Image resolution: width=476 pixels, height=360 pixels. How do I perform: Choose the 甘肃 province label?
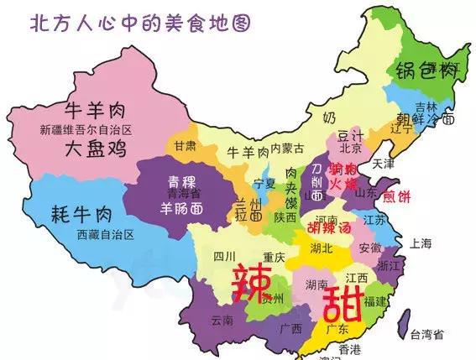click(x=186, y=145)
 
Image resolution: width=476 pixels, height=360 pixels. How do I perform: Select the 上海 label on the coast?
click(x=421, y=243)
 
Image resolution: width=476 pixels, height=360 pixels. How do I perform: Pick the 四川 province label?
click(x=223, y=256)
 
